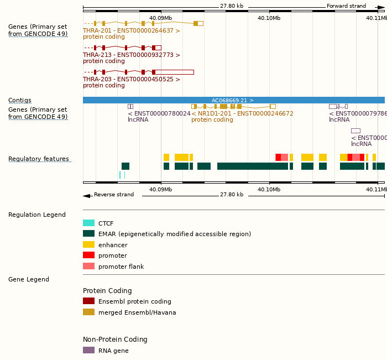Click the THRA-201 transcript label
pos(131,31)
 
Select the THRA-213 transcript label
pos(131,55)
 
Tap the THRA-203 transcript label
pos(131,80)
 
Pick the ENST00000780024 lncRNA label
pos(159,114)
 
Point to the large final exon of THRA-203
pos(174,72)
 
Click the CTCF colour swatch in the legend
pos(88,223)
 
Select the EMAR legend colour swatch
pos(88,234)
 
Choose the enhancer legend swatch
pos(88,244)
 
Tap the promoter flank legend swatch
pos(88,266)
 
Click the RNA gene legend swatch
pos(88,350)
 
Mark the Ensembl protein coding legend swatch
pos(88,301)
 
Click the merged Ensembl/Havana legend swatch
pos(88,312)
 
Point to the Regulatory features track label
pos(39,159)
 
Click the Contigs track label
pos(20,101)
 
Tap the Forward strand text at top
pos(346,6)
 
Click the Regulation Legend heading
pos(37,215)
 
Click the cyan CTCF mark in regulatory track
pos(119,175)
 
